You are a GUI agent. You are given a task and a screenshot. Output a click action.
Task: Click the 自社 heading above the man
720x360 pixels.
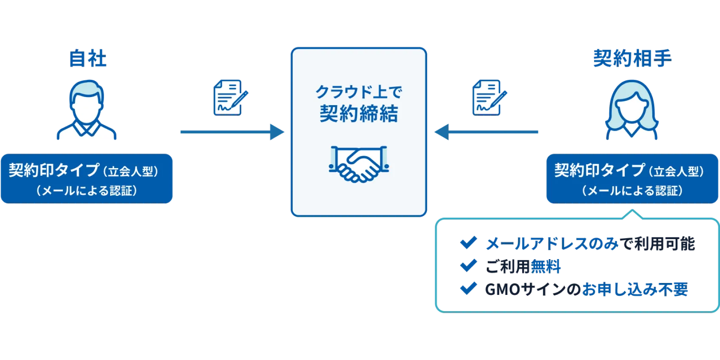coord(88,58)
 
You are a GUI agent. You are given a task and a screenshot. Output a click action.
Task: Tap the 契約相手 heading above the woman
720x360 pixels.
coord(632,58)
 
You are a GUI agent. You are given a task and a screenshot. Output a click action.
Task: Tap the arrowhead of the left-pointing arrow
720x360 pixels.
coord(441,132)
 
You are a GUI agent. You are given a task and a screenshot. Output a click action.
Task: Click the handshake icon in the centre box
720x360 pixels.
coord(359,164)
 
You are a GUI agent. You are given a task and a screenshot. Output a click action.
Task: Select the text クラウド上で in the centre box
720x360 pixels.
coord(359,91)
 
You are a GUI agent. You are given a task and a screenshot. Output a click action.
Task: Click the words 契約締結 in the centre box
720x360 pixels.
coord(359,114)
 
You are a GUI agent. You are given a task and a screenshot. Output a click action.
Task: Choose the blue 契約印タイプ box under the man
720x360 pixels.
coord(87,179)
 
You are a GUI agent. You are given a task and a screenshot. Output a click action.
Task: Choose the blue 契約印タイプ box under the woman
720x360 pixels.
coord(632,179)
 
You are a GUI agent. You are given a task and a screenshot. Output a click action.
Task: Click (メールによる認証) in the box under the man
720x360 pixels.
coord(87,191)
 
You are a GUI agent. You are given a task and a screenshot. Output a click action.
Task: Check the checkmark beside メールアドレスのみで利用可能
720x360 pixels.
coord(469,243)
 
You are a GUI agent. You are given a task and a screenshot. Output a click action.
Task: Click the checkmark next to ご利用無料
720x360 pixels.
coord(469,266)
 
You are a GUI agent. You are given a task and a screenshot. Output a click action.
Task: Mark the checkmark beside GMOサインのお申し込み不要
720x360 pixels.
coord(469,289)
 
